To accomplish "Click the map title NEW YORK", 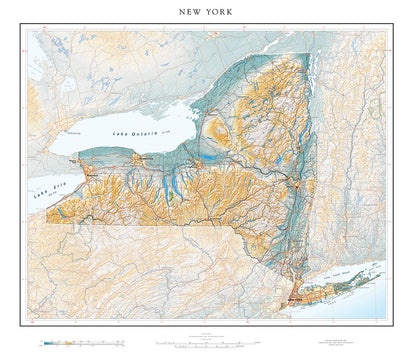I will pyautogui.click(x=207, y=15).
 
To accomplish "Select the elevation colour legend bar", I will pyautogui.click(x=80, y=342).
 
